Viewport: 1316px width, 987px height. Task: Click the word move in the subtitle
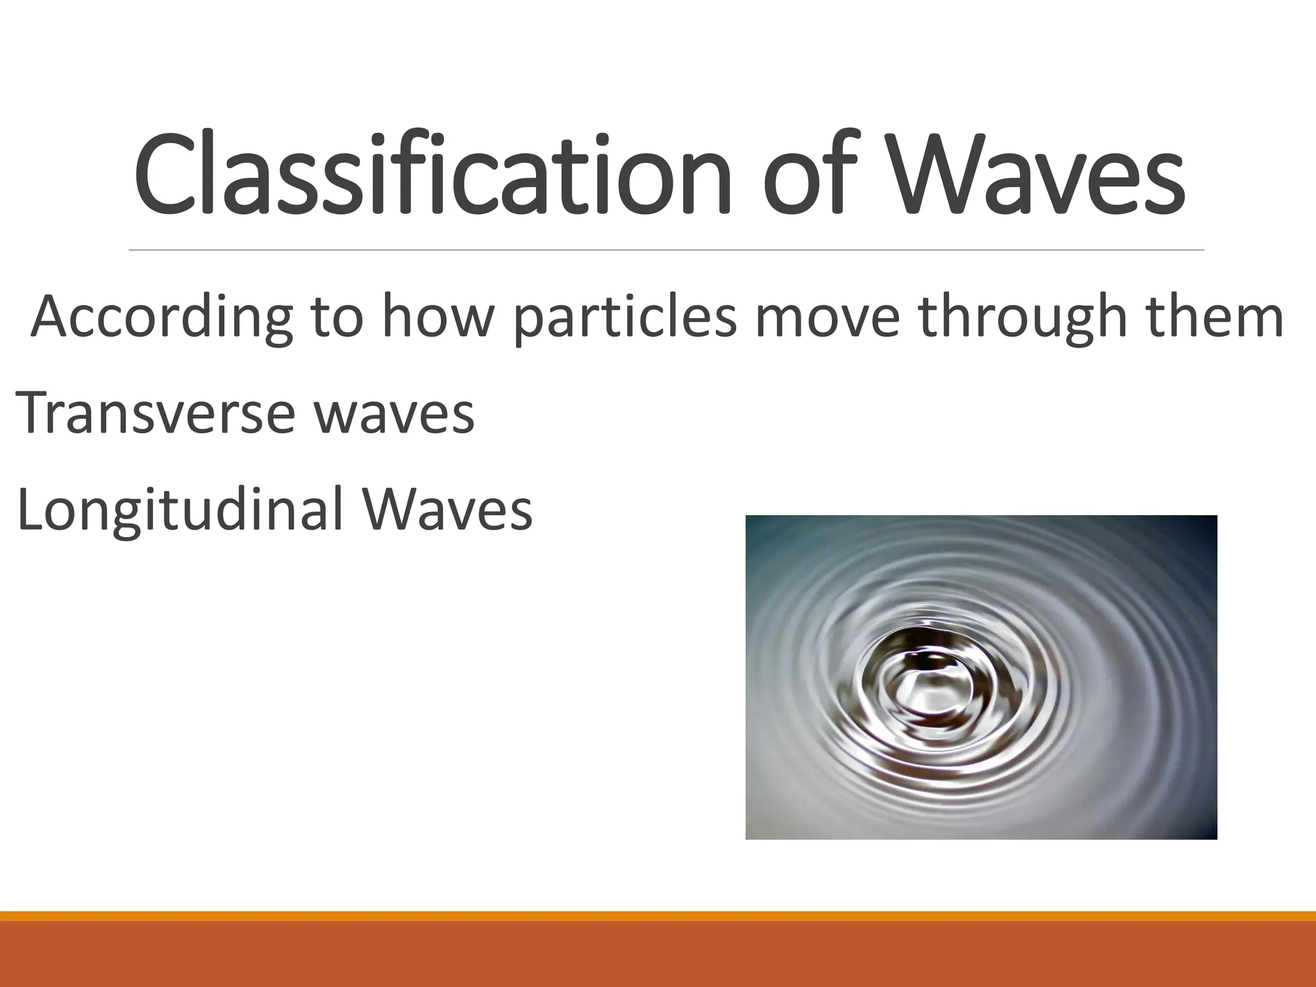[x=829, y=317]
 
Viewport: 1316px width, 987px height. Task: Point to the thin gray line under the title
[x=666, y=249]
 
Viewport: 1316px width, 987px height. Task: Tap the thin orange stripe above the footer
[x=658, y=916]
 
